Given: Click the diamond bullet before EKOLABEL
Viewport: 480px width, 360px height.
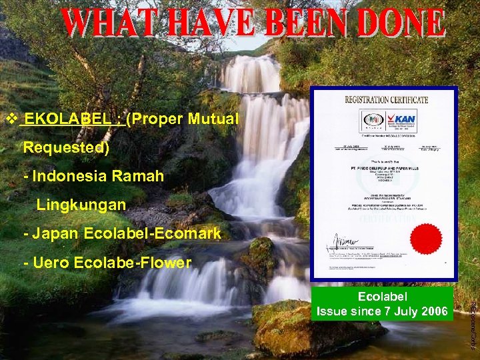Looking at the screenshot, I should pos(10,119).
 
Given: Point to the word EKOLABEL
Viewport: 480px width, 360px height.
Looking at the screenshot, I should pos(63,119).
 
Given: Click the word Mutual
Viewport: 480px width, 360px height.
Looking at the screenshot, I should pos(213,119).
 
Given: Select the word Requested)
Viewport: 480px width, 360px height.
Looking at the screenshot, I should pos(66,147).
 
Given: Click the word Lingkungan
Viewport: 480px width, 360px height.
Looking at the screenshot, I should pos(81,205).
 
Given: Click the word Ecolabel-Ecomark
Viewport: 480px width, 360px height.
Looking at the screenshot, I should pos(153,233).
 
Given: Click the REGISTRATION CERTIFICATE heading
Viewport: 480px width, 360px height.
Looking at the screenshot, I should pos(386,99).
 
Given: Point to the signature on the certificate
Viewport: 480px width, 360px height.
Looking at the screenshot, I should pos(343,240).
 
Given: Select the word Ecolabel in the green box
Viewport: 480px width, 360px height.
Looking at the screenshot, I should pos(382,297).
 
